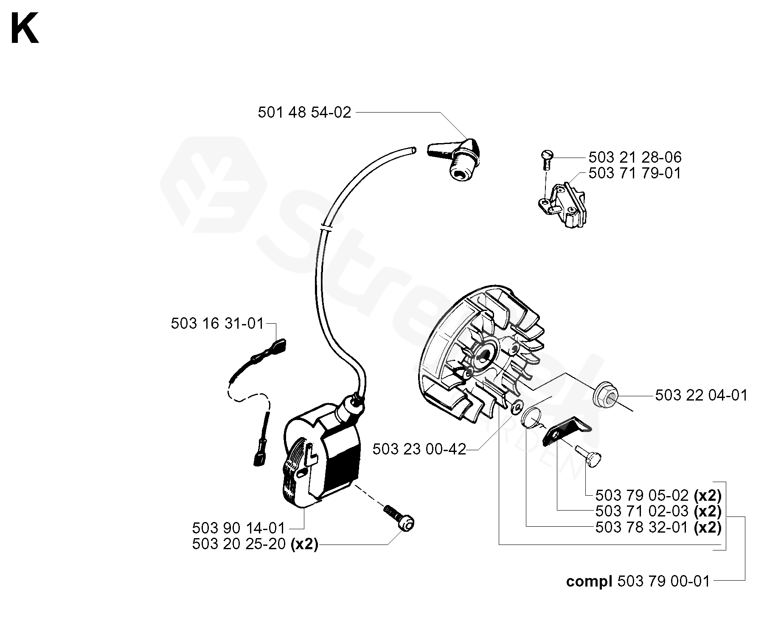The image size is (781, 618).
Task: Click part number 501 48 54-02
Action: (304, 113)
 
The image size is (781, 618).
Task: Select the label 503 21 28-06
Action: (635, 158)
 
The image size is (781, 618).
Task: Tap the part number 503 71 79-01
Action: (635, 173)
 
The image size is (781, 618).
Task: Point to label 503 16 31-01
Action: (217, 324)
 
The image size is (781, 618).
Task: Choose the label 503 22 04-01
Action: (701, 395)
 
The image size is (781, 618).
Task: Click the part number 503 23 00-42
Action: (419, 449)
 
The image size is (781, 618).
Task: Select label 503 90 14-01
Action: (239, 528)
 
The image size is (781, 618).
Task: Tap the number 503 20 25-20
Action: (239, 544)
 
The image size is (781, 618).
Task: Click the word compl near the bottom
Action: (589, 581)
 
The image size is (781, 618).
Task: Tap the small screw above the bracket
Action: (547, 159)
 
